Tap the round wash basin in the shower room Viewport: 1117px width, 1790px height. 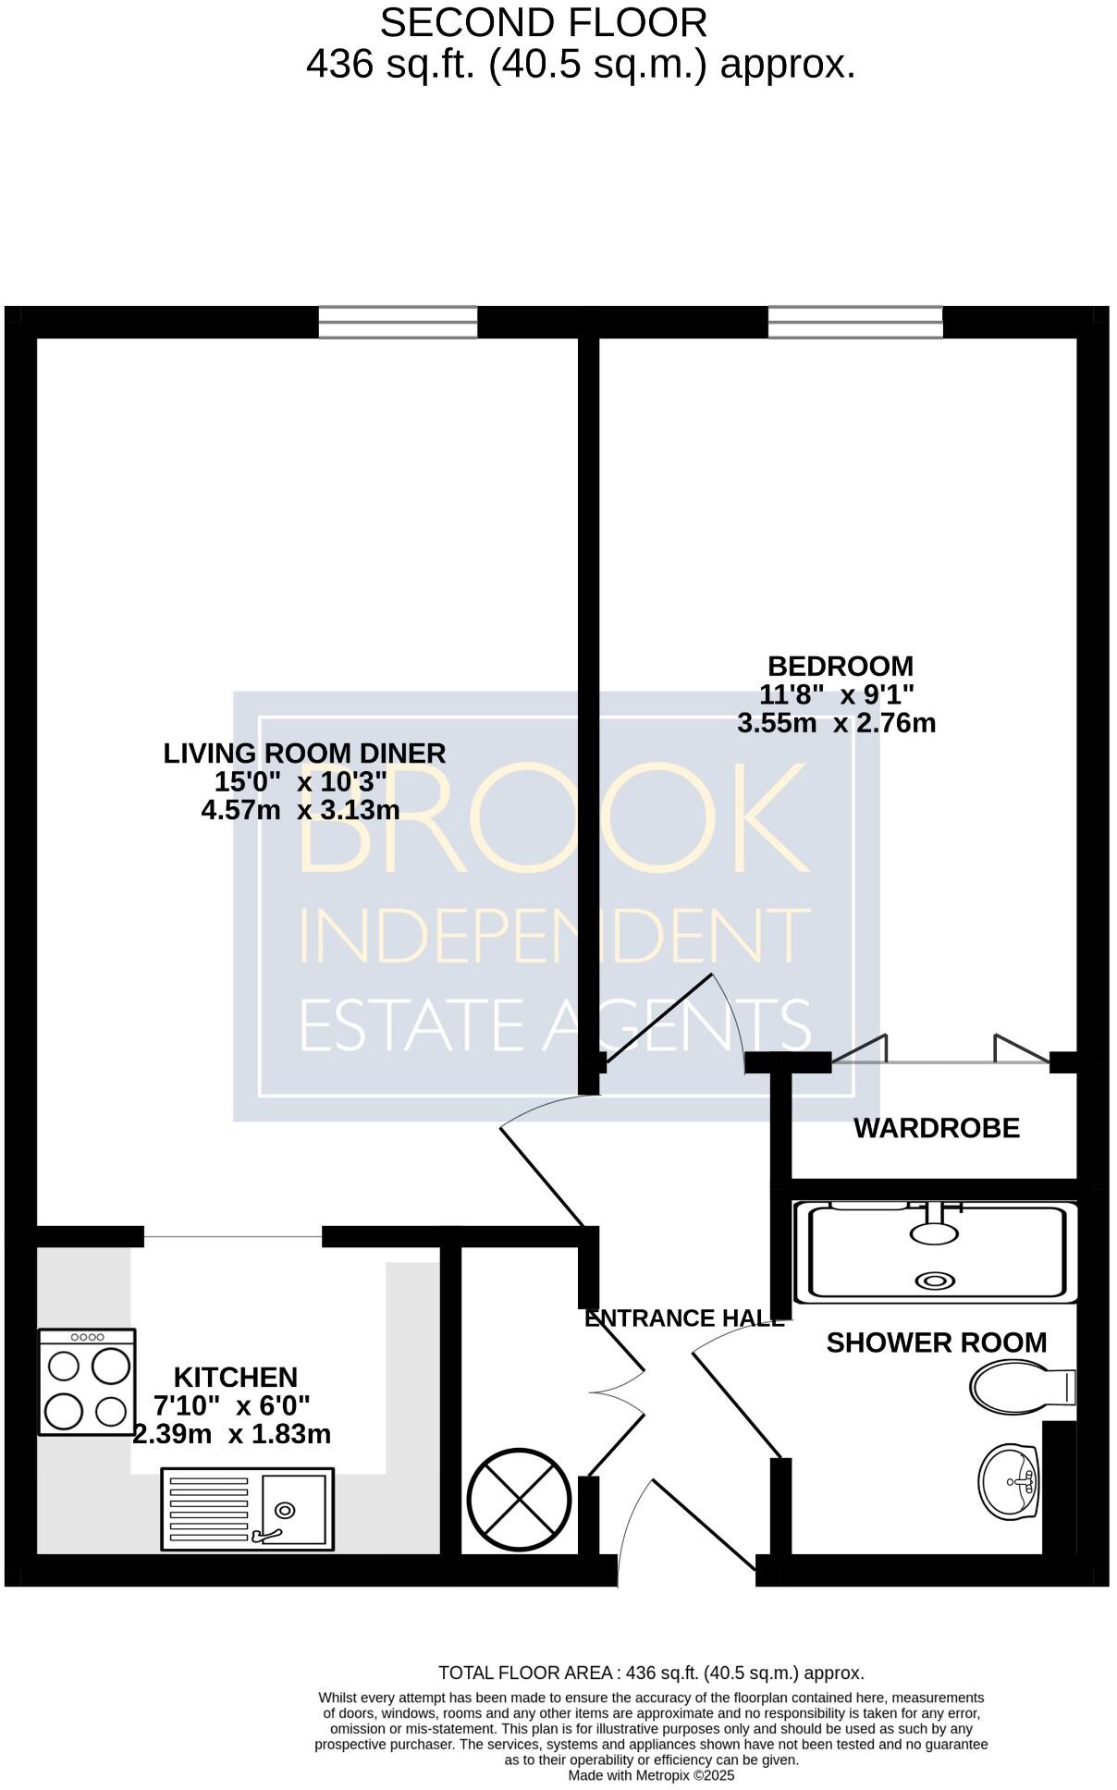pos(1009,1481)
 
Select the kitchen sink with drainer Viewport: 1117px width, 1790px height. pos(247,1508)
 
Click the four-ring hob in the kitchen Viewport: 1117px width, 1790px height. pos(87,1381)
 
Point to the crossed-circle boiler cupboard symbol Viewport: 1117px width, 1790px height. pos(518,1500)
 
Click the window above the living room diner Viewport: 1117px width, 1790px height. pos(398,323)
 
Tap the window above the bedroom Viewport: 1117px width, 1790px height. pos(854,323)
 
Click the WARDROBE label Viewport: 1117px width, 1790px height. pos(936,1128)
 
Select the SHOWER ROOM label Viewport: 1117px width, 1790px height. pos(936,1342)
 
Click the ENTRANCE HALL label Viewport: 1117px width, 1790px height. pos(684,1318)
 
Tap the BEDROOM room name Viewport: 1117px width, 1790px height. pos(840,666)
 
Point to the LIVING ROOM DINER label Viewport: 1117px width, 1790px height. pos(304,754)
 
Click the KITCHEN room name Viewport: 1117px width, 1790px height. pos(236,1378)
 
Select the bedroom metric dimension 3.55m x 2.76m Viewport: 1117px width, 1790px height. pos(836,723)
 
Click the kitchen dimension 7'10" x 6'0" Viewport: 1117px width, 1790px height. pos(231,1405)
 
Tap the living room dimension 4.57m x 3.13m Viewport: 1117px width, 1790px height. pos(301,811)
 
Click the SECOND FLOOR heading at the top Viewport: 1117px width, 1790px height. pos(543,23)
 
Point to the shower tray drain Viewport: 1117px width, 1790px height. pos(934,1281)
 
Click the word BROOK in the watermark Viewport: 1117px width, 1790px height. pos(553,818)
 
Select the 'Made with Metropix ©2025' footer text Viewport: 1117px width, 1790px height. pos(651,1775)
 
